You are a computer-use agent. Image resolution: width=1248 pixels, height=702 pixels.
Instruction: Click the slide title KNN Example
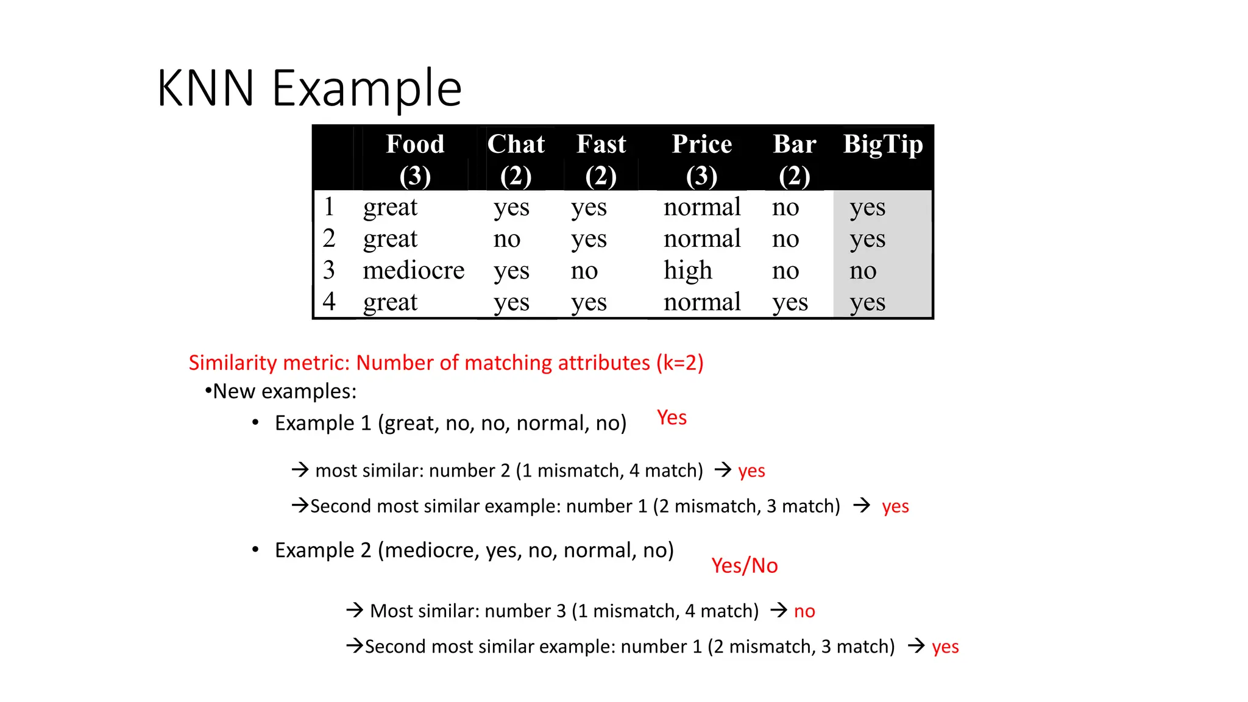tap(309, 89)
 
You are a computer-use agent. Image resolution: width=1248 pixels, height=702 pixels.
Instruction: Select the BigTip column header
tap(882, 145)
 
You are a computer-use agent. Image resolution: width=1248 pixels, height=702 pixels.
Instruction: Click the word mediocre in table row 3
tap(413, 271)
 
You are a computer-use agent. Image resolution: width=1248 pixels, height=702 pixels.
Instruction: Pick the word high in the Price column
tap(687, 271)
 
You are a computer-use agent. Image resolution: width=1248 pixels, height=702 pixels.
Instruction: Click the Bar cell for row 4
tap(790, 302)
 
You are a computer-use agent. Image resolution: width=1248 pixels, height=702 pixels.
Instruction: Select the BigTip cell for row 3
tap(863, 271)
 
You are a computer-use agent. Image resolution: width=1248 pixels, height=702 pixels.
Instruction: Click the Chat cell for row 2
tap(507, 239)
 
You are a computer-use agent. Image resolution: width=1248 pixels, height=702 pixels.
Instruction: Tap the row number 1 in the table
tap(329, 207)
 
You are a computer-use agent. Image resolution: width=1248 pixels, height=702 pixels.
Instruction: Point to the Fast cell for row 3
tap(584, 271)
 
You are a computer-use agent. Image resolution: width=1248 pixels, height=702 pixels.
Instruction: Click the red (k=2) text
tap(679, 363)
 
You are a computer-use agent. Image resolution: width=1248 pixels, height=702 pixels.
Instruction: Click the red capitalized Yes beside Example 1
tap(672, 418)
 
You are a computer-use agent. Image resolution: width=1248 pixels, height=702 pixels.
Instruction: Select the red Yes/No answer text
tap(744, 566)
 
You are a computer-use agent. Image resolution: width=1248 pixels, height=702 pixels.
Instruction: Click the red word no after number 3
tap(804, 611)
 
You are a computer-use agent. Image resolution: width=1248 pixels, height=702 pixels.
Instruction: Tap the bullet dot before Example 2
tap(255, 550)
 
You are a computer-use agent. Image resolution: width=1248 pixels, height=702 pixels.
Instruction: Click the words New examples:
tap(284, 391)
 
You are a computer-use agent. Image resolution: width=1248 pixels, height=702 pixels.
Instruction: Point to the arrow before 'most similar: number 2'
tap(300, 470)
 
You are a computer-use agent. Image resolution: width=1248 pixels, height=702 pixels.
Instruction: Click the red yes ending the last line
tap(945, 647)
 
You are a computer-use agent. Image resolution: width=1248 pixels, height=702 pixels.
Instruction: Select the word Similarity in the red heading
tap(232, 363)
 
